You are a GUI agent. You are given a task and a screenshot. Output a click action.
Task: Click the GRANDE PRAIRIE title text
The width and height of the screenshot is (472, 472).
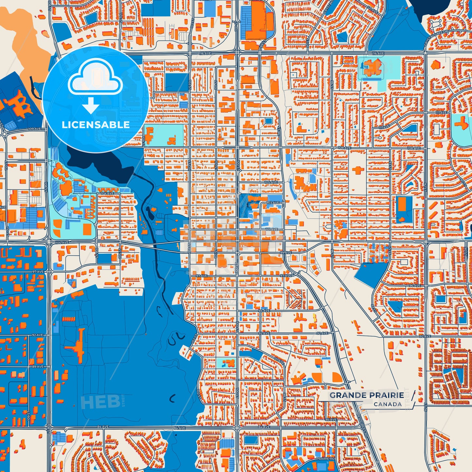[366, 395]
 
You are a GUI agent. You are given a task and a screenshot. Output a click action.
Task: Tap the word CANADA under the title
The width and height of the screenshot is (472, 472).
[388, 404]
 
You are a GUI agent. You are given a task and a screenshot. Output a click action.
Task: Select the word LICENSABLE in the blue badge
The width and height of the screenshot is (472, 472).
[96, 125]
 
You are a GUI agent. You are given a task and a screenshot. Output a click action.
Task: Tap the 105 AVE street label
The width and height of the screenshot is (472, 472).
[271, 182]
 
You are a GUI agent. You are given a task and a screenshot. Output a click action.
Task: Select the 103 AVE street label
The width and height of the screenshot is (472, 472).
[273, 203]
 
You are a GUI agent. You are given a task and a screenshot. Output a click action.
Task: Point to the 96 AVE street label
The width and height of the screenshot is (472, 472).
[414, 285]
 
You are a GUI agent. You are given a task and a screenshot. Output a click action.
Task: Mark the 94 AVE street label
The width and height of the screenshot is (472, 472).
[264, 311]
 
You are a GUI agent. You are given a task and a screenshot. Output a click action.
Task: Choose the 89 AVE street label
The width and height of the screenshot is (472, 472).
[38, 367]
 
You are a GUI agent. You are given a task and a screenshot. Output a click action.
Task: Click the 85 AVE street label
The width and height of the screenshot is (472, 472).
[331, 420]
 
